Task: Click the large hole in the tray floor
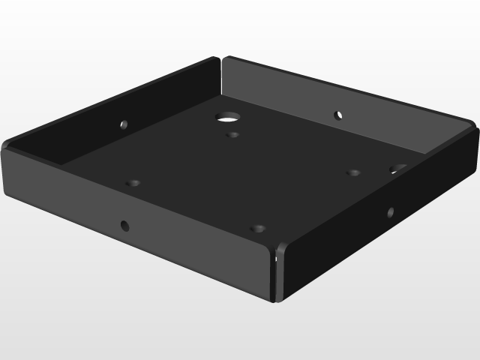point(227,117)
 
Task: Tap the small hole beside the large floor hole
point(234,136)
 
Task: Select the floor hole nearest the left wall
point(133,183)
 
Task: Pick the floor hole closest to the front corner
point(259,228)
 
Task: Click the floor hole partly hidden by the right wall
point(397,168)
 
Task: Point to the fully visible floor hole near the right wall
point(353,173)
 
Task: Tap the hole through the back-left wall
point(124,124)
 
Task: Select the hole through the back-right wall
point(338,115)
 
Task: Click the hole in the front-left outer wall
point(124,224)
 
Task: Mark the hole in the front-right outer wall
point(390,212)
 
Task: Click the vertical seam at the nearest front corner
point(276,274)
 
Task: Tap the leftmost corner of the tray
point(4,150)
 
